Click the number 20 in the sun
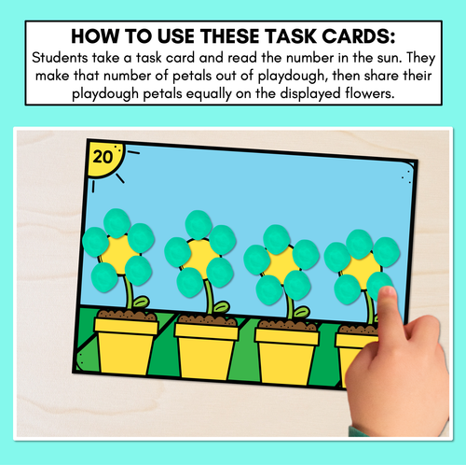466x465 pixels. (103, 157)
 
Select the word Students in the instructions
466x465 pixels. (60, 58)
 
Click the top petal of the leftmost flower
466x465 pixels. (116, 223)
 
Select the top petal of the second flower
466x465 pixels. (199, 225)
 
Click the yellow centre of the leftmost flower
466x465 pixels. (118, 255)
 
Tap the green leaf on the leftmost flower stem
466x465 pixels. (141, 302)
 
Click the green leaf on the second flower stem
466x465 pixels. (221, 307)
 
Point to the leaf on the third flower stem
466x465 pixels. (302, 312)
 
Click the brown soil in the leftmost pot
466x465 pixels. (127, 316)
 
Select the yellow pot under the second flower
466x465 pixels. (207, 350)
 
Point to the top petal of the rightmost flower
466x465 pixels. (360, 244)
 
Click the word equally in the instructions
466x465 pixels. (209, 94)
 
